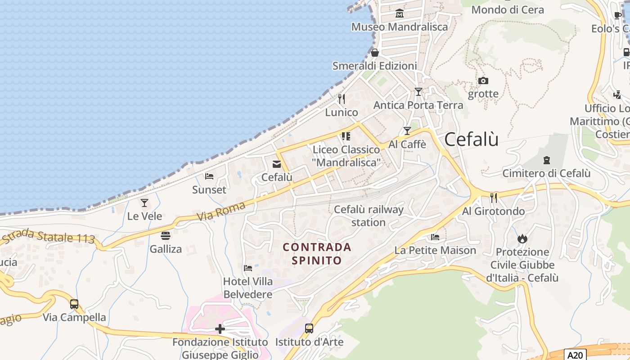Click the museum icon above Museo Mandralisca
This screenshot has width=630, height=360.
click(399, 13)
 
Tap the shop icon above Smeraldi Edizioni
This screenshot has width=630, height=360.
click(375, 53)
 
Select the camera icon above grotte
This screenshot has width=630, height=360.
click(483, 81)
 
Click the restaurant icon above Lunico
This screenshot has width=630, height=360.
click(342, 99)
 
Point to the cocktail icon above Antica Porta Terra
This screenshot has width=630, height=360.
click(418, 92)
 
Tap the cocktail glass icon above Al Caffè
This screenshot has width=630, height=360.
click(407, 131)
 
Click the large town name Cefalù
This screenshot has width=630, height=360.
click(471, 139)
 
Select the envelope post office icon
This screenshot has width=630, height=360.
click(276, 164)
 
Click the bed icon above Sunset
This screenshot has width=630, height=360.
click(209, 176)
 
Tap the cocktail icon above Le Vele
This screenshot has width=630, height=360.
click(144, 203)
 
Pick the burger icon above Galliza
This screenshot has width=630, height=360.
click(166, 236)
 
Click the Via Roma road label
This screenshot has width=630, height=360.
click(221, 211)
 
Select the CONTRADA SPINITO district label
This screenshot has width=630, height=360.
click(317, 253)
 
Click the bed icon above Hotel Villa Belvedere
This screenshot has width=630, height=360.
click(248, 268)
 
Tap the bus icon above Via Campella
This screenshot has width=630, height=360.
click(74, 304)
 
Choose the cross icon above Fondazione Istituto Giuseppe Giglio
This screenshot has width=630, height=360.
click(220, 329)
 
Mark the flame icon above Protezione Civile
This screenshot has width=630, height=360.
click(522, 238)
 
